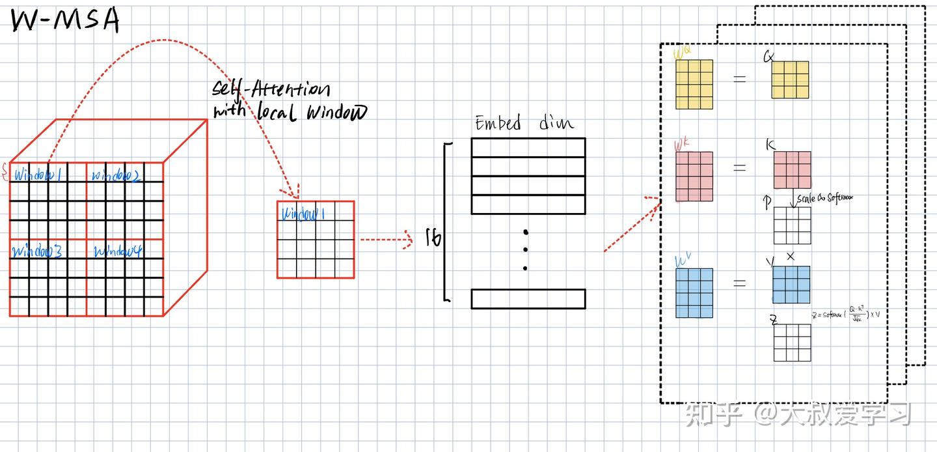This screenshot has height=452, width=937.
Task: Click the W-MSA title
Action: click(x=65, y=20)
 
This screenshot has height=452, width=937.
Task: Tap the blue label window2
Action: click(x=116, y=175)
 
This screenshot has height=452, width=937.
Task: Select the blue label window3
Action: click(x=38, y=251)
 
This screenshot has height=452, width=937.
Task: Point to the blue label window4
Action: click(x=118, y=251)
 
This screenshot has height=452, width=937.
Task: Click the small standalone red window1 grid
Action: click(x=316, y=240)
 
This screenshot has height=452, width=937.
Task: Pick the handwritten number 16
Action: click(x=433, y=239)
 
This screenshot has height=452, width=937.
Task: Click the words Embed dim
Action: click(x=524, y=123)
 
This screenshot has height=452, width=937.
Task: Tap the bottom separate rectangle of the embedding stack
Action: click(x=528, y=298)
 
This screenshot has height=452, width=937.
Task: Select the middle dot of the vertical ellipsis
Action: click(x=525, y=249)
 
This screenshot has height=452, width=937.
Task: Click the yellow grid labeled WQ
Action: click(x=694, y=84)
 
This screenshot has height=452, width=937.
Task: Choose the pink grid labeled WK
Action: click(x=694, y=177)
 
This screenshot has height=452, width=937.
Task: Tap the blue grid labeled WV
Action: click(x=694, y=293)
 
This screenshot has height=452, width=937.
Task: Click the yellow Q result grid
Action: click(x=790, y=79)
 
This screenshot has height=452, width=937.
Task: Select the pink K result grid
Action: click(x=792, y=170)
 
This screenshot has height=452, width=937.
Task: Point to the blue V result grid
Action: click(x=791, y=285)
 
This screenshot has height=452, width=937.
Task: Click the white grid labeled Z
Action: click(x=792, y=343)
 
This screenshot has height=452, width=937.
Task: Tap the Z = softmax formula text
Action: click(x=839, y=317)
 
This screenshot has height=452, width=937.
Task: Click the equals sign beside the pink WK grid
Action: click(x=739, y=167)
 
